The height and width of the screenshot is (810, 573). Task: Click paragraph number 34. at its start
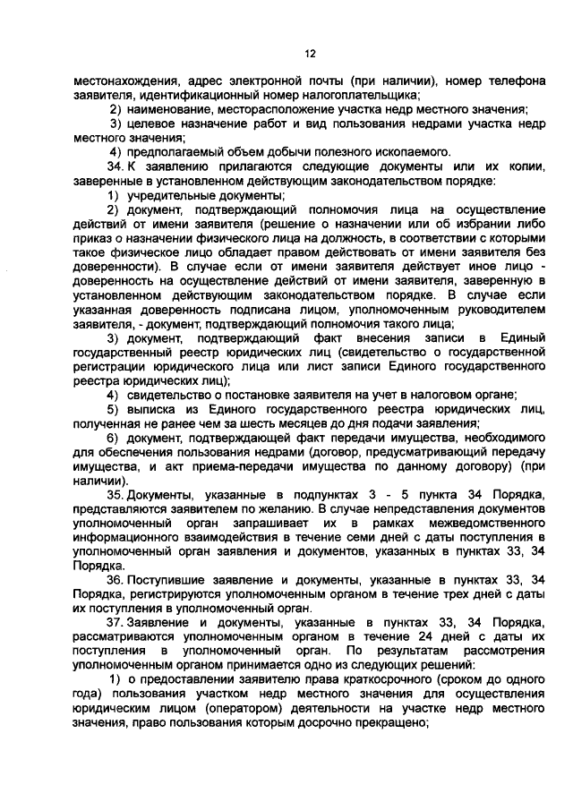point(114,166)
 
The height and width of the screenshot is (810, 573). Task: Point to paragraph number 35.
point(115,495)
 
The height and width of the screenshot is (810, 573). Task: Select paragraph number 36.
point(115,579)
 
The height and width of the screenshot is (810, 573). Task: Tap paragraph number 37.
point(115,621)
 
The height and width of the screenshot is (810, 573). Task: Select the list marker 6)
point(114,436)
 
